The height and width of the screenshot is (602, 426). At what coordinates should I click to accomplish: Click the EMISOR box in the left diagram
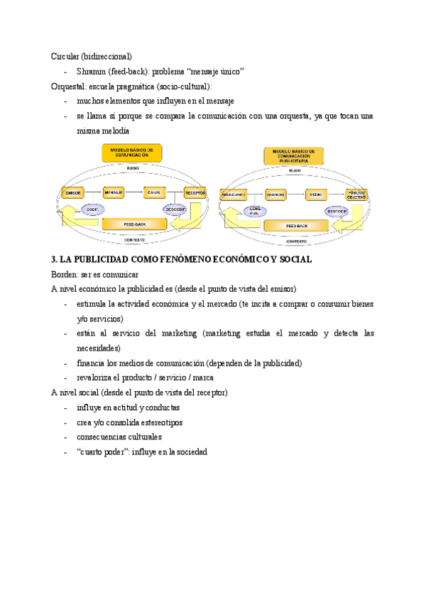click(73, 193)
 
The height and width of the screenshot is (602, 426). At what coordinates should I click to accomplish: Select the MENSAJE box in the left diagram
click(114, 193)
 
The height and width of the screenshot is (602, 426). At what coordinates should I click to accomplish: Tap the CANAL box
click(154, 193)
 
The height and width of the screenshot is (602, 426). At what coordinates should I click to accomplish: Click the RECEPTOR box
click(195, 193)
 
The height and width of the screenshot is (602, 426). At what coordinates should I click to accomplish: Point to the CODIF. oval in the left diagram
click(92, 209)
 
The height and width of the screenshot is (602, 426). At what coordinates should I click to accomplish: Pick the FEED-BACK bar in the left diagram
click(135, 224)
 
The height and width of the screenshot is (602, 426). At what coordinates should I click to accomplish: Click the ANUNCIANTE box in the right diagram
click(234, 194)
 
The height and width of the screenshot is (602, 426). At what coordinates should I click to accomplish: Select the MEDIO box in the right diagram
click(315, 194)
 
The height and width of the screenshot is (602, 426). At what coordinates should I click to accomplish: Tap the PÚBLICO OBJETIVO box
click(356, 194)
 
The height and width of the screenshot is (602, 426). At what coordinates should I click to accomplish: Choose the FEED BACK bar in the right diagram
click(296, 226)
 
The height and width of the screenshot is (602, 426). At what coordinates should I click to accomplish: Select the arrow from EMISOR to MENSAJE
click(93, 193)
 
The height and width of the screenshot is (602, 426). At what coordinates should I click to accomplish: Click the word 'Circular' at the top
click(65, 55)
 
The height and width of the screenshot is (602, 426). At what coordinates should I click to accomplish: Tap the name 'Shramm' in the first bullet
click(92, 71)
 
